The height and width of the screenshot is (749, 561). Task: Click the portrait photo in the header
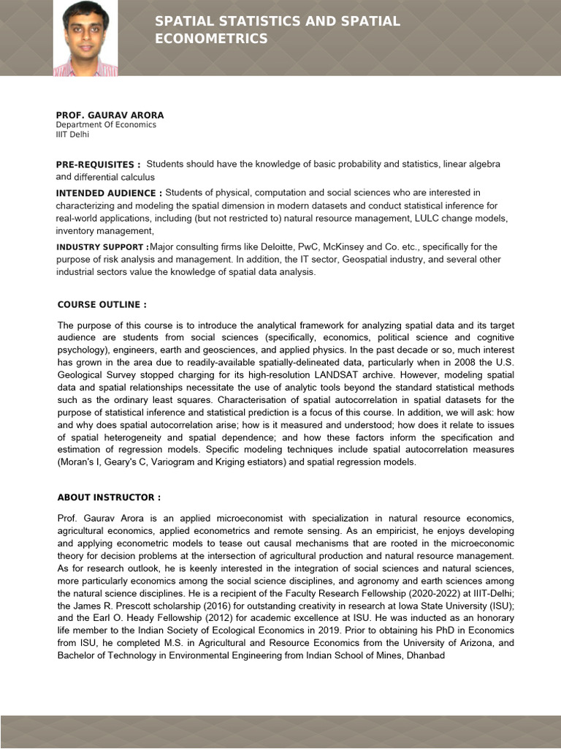click(85, 38)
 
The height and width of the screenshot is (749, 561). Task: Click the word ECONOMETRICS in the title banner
click(211, 39)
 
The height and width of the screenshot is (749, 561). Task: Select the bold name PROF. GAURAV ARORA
click(110, 116)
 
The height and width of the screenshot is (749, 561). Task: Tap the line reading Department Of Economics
click(106, 125)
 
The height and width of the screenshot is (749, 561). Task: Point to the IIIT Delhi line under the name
click(72, 135)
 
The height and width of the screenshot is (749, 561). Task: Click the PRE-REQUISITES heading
click(99, 165)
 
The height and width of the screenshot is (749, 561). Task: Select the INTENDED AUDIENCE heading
click(109, 193)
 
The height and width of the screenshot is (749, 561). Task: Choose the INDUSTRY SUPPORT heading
click(102, 247)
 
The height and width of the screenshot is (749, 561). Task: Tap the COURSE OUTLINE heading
click(102, 304)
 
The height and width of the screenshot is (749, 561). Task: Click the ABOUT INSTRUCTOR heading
click(109, 497)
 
